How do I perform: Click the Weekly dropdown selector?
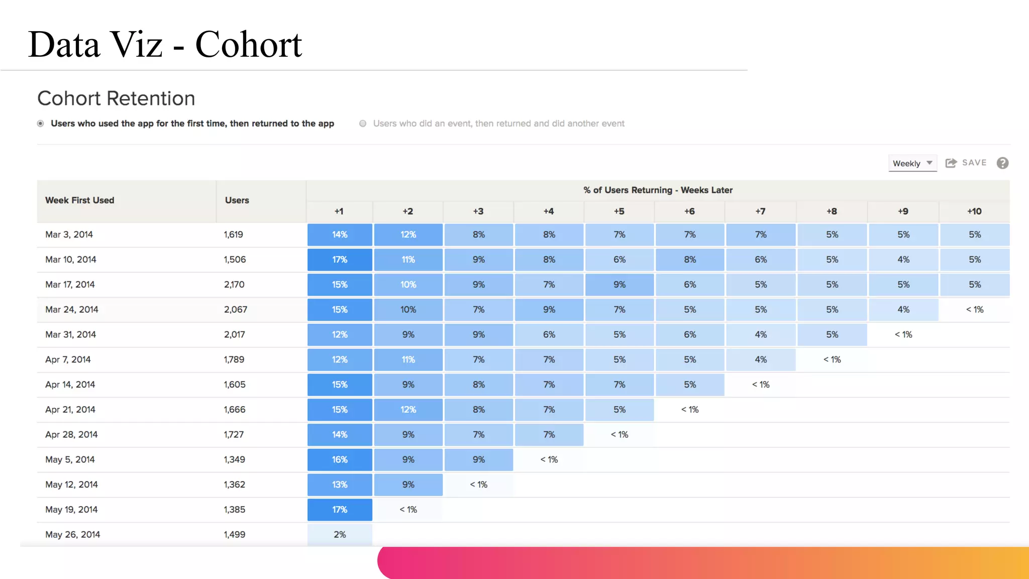pos(912,163)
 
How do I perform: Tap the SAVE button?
pos(966,163)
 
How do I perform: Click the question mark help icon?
pos(1002,163)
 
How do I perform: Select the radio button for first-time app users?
pos(41,124)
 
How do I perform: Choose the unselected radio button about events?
pos(363,124)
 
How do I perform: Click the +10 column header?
pos(974,212)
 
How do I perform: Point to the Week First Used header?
pos(80,201)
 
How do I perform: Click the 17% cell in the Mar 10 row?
pos(340,260)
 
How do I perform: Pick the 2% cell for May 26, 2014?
pos(340,535)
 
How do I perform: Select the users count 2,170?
pos(234,285)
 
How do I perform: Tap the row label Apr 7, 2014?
pos(68,360)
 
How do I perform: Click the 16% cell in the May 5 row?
pos(340,460)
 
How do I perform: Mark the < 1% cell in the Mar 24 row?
pos(974,310)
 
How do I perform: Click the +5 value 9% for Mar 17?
pos(620,285)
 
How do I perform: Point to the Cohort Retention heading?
pos(116,99)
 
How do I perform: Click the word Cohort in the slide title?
pos(248,45)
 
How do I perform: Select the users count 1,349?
pos(234,460)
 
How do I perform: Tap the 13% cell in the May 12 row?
pos(340,485)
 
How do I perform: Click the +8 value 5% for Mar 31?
pos(832,335)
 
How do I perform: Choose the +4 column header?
pos(549,212)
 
